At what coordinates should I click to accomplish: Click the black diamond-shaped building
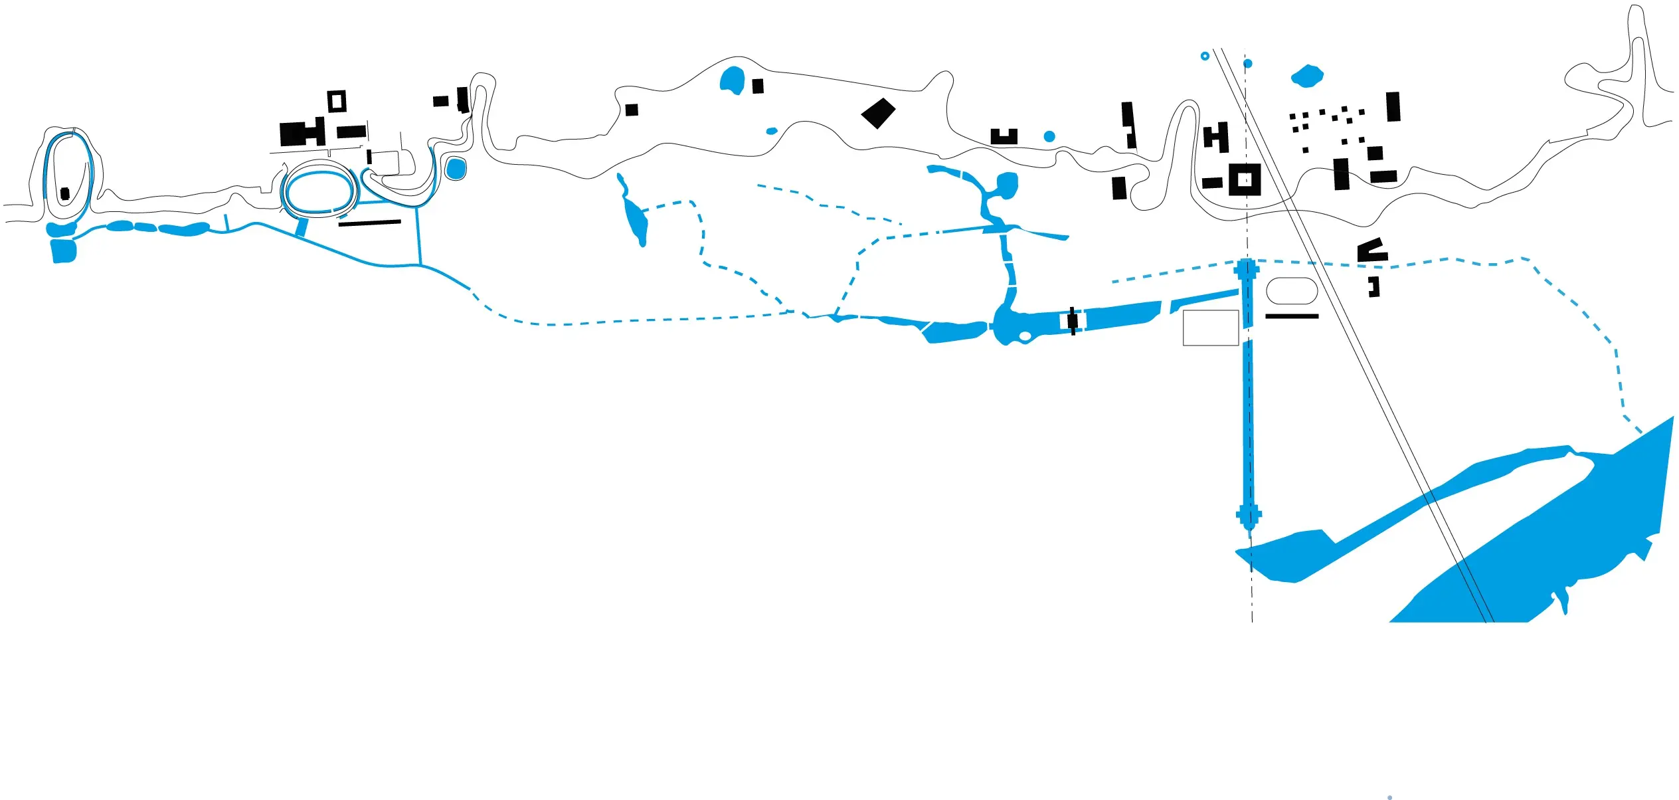pyautogui.click(x=878, y=114)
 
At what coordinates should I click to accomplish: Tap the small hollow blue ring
pyautogui.click(x=1205, y=56)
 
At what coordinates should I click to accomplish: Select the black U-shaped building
pyautogui.click(x=1004, y=138)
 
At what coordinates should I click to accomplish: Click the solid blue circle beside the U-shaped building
pyautogui.click(x=1049, y=136)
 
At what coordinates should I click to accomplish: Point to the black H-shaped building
pyautogui.click(x=1216, y=138)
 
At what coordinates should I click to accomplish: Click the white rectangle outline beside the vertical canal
pyautogui.click(x=1211, y=328)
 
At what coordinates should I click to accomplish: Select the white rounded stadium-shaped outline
pyautogui.click(x=1292, y=291)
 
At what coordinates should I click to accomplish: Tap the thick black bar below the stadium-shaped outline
pyautogui.click(x=1292, y=316)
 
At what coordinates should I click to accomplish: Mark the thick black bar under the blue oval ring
pyautogui.click(x=369, y=223)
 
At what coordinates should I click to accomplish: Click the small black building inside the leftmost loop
pyautogui.click(x=64, y=193)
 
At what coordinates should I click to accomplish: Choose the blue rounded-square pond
pyautogui.click(x=456, y=169)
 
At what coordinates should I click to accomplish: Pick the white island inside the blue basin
pyautogui.click(x=1025, y=336)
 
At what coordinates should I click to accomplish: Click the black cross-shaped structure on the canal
pyautogui.click(x=1072, y=321)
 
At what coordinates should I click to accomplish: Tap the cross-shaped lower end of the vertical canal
pyautogui.click(x=1249, y=515)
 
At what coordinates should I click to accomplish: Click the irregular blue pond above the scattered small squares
pyautogui.click(x=1307, y=76)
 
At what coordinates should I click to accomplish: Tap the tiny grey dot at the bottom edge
pyautogui.click(x=1389, y=797)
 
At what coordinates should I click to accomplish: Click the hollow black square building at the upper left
pyautogui.click(x=337, y=101)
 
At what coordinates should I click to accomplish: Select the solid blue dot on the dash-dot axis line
pyautogui.click(x=1248, y=64)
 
